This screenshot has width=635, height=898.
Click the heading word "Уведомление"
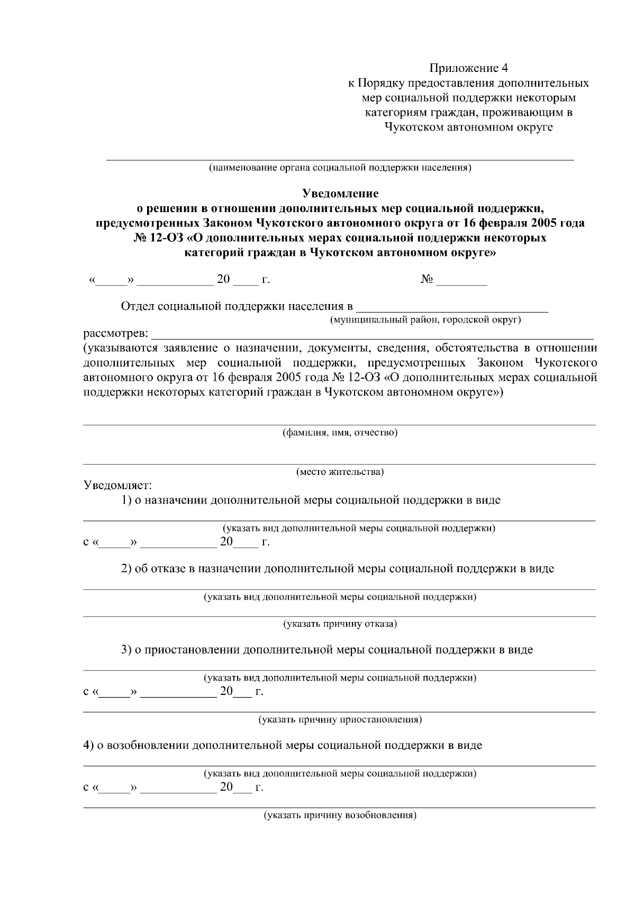click(x=340, y=194)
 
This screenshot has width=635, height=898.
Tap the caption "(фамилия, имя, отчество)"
click(x=340, y=433)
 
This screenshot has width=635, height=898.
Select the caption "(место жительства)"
click(x=340, y=472)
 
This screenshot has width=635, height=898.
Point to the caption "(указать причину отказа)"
click(x=340, y=624)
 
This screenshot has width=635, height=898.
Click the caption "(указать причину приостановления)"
click(x=340, y=720)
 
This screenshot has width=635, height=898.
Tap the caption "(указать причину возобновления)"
click(x=340, y=815)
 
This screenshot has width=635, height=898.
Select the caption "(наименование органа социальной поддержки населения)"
click(x=340, y=168)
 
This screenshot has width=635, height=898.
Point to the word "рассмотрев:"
click(x=116, y=335)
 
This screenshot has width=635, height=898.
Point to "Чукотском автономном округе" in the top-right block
click(x=468, y=127)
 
